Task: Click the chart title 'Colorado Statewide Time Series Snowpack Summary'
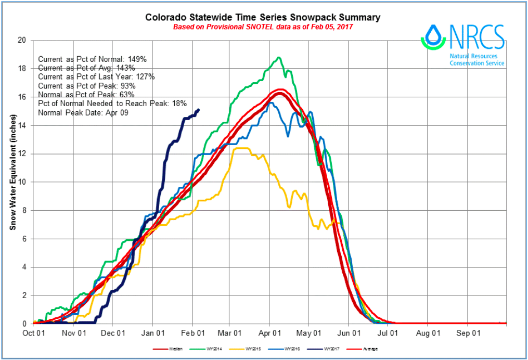263,17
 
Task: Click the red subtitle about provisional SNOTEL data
263,27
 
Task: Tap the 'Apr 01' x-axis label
269,332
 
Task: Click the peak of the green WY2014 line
279,57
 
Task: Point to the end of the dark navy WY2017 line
199,109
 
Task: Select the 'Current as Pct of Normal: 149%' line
91,59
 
